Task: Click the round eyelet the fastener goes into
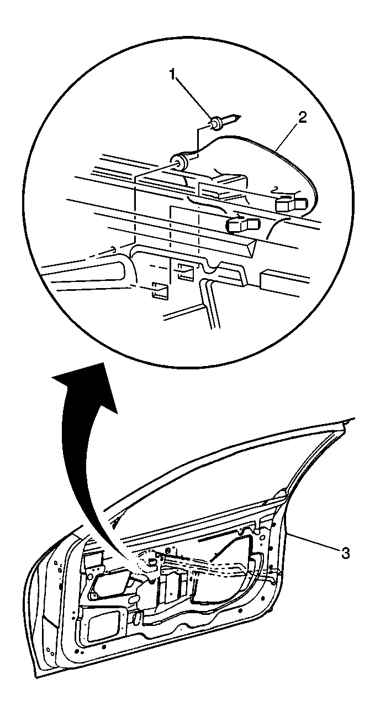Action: coord(181,162)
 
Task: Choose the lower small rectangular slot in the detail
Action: coord(160,289)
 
